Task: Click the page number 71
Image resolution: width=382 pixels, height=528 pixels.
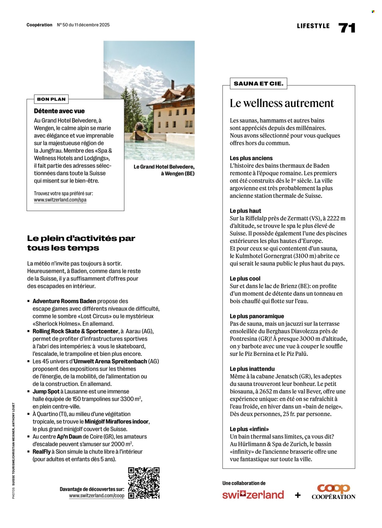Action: (x=347, y=28)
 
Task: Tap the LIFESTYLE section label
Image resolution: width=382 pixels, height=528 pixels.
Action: (x=313, y=26)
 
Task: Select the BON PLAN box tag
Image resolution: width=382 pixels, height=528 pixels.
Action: (x=51, y=99)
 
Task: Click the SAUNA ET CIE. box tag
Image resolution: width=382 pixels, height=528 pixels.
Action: (x=258, y=83)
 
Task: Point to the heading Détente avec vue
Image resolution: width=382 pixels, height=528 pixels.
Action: (x=59, y=111)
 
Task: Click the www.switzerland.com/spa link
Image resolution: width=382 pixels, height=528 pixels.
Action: (x=60, y=200)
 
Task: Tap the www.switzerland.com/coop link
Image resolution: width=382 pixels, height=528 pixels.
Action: (x=97, y=496)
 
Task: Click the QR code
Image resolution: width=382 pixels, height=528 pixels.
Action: (x=144, y=483)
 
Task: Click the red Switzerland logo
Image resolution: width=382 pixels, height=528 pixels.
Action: (x=253, y=495)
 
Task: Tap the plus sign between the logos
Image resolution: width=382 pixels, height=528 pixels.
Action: (x=298, y=495)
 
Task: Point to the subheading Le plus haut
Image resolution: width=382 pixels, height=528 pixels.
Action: (x=245, y=211)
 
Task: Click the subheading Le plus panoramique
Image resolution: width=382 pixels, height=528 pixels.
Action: (x=257, y=316)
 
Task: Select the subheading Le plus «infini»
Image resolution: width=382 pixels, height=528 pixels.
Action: (x=249, y=429)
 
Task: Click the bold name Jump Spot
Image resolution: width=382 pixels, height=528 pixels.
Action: (x=46, y=391)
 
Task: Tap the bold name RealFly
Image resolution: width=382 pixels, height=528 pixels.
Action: (x=42, y=452)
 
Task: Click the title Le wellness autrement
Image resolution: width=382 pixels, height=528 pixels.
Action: (x=281, y=103)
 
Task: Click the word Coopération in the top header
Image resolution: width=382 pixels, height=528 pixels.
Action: (x=39, y=25)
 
